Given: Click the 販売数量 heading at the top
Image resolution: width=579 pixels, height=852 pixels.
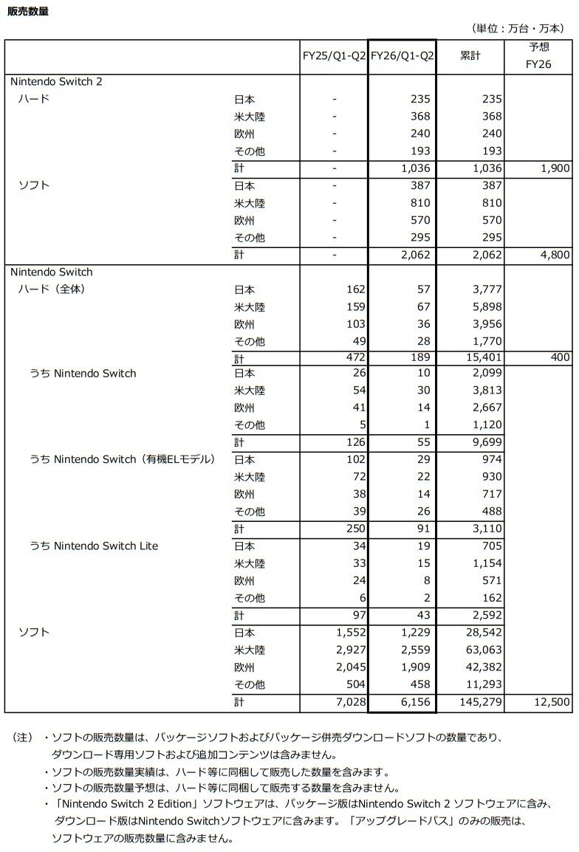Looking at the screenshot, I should pyautogui.click(x=28, y=11).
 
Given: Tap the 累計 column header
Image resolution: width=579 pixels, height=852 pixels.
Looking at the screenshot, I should pyautogui.click(x=469, y=56).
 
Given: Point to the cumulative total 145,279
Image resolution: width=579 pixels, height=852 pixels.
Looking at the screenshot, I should pyautogui.click(x=479, y=701).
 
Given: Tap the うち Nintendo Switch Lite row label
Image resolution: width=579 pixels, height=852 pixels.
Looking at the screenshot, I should pyautogui.click(x=94, y=546).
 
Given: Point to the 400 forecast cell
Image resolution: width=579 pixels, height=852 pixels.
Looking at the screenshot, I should pyautogui.click(x=560, y=358).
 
